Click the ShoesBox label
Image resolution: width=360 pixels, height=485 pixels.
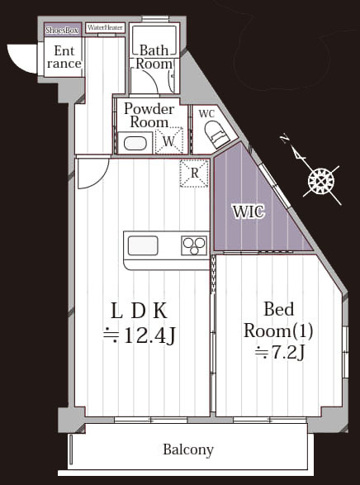coord(62,31)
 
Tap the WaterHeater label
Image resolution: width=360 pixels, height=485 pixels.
coord(105,28)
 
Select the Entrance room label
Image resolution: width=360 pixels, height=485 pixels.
coord(64,57)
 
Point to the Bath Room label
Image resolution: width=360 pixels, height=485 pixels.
coord(154,57)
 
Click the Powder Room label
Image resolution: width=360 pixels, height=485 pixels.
coord(149,115)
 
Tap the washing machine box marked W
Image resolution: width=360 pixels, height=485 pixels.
coord(168,140)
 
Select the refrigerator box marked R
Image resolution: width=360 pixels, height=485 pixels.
coord(194,174)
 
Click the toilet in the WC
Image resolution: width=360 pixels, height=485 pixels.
coord(218,134)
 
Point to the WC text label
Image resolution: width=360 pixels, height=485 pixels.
coord(206,113)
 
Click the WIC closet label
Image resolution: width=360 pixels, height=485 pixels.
coord(249,212)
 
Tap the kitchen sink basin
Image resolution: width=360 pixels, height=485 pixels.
coord(143,245)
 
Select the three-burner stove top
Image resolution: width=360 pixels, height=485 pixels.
coord(194,245)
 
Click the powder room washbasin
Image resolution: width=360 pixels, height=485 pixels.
coord(135,144)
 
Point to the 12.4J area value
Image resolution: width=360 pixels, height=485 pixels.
coord(140,336)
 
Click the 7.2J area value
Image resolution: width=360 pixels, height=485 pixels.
coord(280,352)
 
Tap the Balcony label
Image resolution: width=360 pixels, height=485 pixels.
coord(188,449)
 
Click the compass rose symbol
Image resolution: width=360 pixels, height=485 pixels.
coord(321,181)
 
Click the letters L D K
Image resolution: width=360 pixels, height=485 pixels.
coord(139,311)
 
